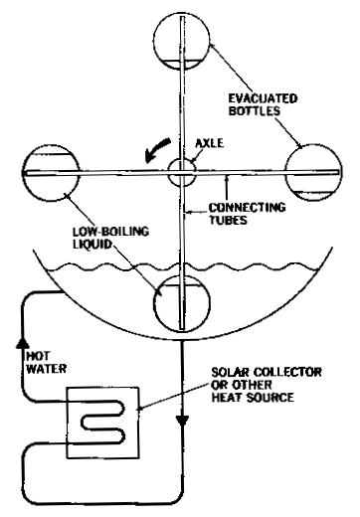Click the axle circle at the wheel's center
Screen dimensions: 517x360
pyautogui.click(x=182, y=170)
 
